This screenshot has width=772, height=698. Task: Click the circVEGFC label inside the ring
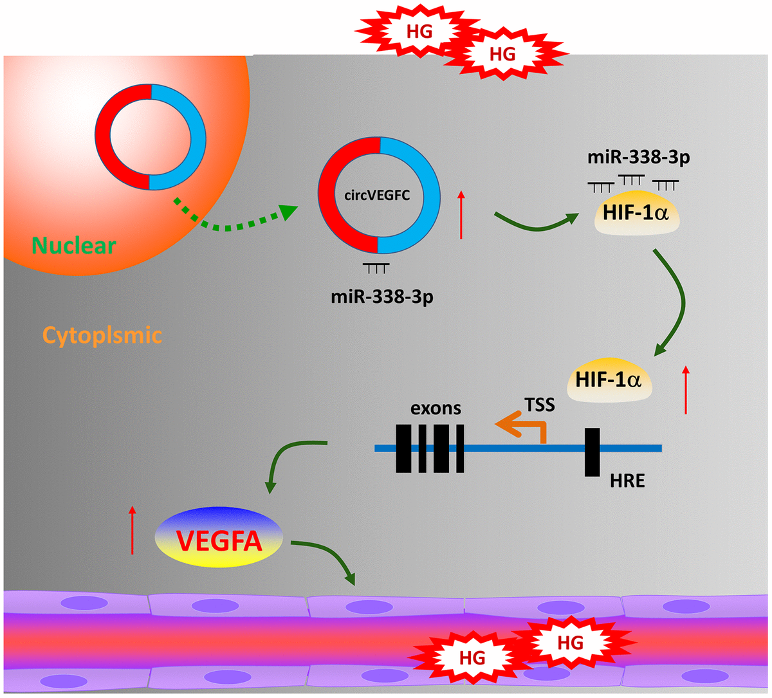click(x=377, y=195)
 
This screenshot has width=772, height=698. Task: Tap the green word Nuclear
click(x=74, y=245)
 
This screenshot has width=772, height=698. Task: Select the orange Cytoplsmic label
click(x=102, y=335)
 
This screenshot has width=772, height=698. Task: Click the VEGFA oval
click(x=219, y=540)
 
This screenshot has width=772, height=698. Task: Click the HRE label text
click(x=627, y=481)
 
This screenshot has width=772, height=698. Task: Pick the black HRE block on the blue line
click(x=592, y=452)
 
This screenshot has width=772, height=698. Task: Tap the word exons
click(x=436, y=409)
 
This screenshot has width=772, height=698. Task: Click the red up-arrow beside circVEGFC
click(x=461, y=215)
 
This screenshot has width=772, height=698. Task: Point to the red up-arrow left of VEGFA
click(x=133, y=530)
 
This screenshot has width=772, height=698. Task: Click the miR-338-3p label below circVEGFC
click(x=382, y=297)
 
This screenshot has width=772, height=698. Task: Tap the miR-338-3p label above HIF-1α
click(x=638, y=158)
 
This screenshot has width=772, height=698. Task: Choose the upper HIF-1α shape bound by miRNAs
click(x=636, y=212)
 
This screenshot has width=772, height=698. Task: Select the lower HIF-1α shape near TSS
click(x=609, y=380)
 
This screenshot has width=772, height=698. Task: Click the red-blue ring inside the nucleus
click(x=151, y=137)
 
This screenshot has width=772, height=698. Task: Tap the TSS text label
click(x=539, y=405)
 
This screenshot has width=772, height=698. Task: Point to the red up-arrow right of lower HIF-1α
click(x=686, y=389)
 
